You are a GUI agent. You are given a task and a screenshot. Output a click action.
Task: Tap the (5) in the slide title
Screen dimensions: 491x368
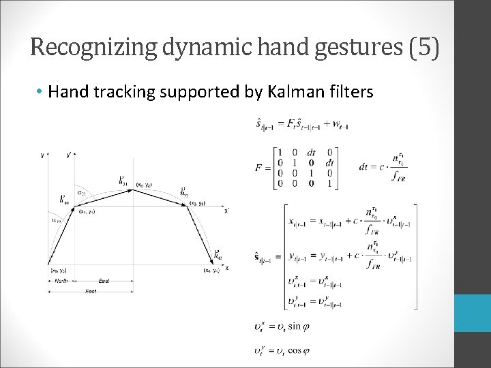coord(423,48)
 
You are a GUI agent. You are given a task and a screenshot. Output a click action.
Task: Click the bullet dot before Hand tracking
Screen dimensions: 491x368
coord(41,91)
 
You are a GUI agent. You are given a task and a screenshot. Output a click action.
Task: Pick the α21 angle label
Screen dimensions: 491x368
coord(81,193)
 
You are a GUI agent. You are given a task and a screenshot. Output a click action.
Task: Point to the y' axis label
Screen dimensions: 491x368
coord(70,155)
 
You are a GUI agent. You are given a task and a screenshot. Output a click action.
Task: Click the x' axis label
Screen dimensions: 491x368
coord(226,211)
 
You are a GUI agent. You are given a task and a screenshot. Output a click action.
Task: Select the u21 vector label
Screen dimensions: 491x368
coord(123,181)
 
